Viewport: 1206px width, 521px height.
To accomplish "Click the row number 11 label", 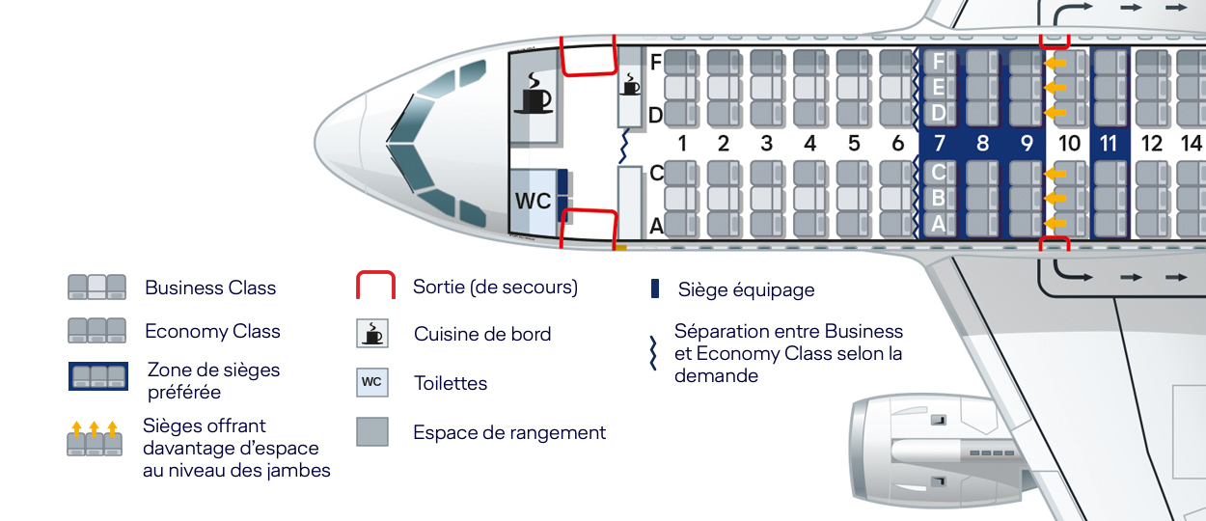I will [x=1109, y=144].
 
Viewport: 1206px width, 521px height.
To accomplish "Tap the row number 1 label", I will [x=681, y=144].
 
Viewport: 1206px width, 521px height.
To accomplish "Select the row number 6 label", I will [x=898, y=144].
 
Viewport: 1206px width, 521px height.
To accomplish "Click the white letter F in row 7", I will [x=938, y=63].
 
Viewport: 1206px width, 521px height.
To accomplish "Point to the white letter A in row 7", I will [x=938, y=225].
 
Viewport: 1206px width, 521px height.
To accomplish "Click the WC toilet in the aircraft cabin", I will [x=533, y=202].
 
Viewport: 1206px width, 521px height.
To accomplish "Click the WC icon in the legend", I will [x=372, y=382].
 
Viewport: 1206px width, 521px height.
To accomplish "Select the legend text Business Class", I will [x=210, y=288].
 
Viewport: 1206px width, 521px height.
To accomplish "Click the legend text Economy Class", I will [x=212, y=331].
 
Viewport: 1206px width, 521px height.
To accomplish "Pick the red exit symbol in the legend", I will [x=375, y=287].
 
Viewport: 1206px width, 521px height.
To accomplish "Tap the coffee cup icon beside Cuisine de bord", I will [x=372, y=334].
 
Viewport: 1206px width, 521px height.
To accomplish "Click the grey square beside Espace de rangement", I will [x=372, y=431].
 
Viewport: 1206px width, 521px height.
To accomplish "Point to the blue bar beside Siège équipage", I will [x=655, y=288].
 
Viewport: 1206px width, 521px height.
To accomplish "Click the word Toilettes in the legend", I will [x=451, y=383].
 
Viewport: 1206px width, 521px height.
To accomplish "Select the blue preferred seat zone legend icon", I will [x=97, y=376].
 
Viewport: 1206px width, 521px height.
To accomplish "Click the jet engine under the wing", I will [x=926, y=453].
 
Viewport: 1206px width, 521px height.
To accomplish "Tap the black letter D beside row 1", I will [x=655, y=116].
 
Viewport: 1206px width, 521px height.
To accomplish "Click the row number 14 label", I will [x=1191, y=144].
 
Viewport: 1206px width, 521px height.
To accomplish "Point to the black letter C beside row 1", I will [x=656, y=173].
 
